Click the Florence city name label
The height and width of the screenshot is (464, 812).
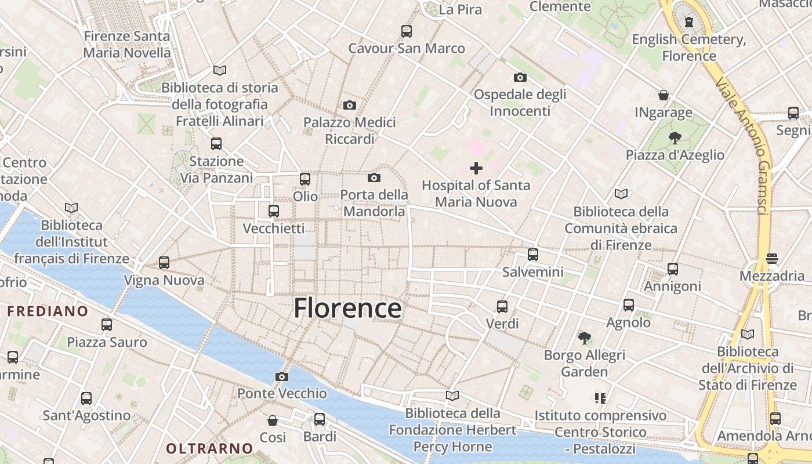[x=347, y=309]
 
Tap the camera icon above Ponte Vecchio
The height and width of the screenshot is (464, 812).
[x=282, y=376]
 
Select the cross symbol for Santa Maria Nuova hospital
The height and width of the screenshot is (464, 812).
[x=476, y=168]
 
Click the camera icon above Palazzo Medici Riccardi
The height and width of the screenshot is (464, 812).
[x=349, y=105]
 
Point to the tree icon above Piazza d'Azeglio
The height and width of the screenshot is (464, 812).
[x=675, y=137]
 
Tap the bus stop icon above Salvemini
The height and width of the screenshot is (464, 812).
[x=532, y=254]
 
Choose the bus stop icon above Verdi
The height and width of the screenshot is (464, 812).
[x=502, y=306]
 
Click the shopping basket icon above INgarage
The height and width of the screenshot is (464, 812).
[x=664, y=95]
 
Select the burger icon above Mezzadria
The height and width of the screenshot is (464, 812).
[x=771, y=258]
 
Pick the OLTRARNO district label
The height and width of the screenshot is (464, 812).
[x=209, y=448]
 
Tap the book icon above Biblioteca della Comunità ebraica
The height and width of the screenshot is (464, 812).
[x=621, y=194]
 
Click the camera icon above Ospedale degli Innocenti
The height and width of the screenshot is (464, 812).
[x=520, y=77]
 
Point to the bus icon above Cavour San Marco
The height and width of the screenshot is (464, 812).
[x=406, y=31]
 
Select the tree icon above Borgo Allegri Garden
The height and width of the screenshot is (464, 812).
[x=584, y=338]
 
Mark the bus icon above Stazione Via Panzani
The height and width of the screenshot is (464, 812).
[x=216, y=143]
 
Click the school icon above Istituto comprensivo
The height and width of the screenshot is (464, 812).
[x=600, y=398]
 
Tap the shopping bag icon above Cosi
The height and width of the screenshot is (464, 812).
[x=273, y=420]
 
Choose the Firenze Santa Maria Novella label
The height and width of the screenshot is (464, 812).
[x=127, y=44]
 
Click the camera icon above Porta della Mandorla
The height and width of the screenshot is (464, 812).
[x=374, y=177]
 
